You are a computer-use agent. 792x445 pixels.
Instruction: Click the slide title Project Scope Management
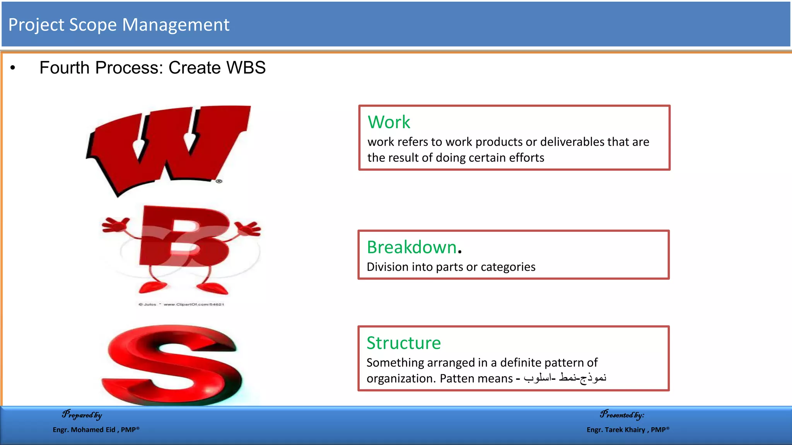click(119, 25)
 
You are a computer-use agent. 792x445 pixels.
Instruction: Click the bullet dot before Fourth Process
click(13, 68)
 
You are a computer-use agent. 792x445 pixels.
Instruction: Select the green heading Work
click(389, 122)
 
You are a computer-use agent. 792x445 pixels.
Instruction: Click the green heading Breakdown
click(411, 247)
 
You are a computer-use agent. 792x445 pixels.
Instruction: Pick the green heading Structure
click(403, 343)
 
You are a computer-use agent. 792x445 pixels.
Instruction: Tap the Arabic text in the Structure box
click(565, 377)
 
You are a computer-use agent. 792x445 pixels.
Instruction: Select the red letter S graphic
click(172, 365)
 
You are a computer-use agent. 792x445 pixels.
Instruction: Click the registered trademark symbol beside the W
click(219, 181)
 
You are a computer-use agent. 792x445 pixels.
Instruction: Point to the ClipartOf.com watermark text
click(193, 304)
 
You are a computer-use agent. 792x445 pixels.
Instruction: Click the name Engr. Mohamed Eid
click(84, 430)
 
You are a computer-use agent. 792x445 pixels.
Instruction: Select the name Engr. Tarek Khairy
click(616, 430)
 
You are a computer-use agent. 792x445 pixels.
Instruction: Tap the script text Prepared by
click(82, 415)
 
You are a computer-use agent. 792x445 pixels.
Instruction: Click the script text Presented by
click(622, 415)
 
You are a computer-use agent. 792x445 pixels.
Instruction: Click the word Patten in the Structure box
click(457, 378)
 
